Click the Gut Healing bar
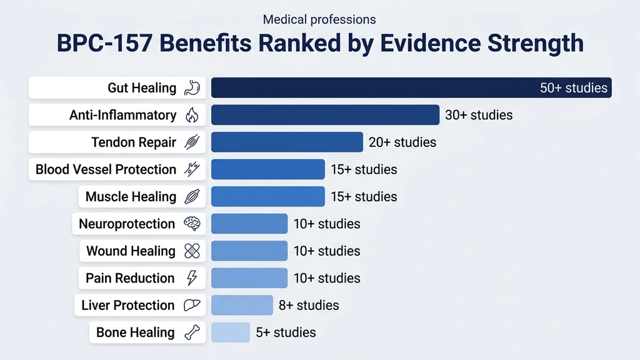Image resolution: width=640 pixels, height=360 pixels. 375,87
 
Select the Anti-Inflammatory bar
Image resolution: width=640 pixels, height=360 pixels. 325,115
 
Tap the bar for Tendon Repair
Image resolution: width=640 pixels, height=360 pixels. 287,142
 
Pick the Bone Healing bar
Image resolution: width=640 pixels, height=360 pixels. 230,332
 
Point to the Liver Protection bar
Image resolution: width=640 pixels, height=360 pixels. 242,305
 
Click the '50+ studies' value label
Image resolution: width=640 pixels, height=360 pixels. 573,88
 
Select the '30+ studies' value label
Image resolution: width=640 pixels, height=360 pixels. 478,115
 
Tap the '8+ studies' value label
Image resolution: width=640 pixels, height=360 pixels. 309,305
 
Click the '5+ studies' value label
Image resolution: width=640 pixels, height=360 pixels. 286,332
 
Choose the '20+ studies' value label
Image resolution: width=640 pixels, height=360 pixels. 402,142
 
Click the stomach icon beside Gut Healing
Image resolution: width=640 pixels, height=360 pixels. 191,88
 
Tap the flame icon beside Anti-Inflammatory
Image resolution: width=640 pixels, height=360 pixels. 191,115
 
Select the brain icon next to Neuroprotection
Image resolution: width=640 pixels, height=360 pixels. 191,224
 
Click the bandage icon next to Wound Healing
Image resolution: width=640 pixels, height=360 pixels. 191,251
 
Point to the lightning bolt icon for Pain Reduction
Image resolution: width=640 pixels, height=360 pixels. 191,278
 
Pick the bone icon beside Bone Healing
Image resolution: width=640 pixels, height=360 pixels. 191,332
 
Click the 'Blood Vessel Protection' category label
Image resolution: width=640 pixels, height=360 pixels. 106,169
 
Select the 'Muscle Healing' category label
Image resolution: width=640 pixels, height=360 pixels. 131,197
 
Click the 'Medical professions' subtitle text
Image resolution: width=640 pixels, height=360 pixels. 319,19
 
